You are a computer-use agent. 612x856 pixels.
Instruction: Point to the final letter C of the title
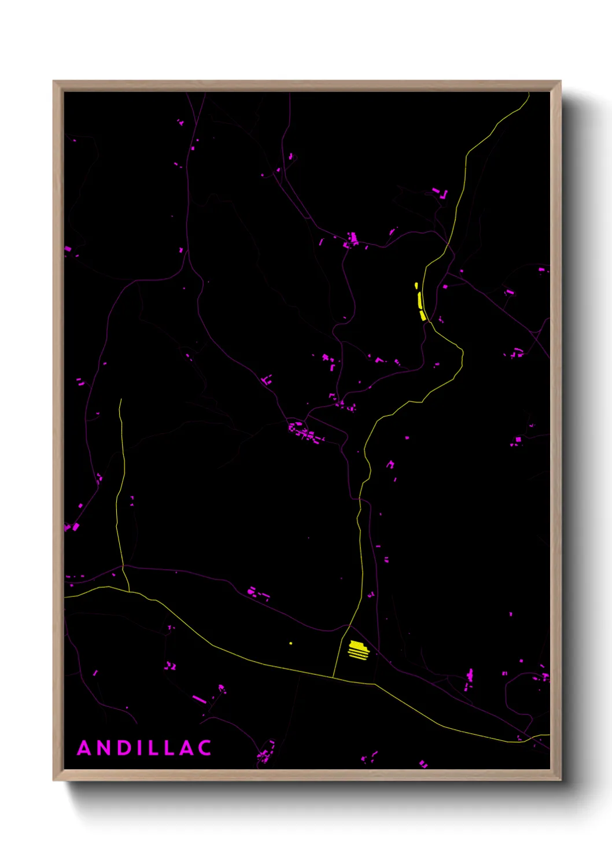point(204,748)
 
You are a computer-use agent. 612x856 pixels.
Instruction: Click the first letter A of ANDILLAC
point(84,748)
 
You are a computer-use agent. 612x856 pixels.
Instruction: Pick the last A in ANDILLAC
point(185,748)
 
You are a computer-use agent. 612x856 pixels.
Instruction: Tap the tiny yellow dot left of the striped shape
point(290,643)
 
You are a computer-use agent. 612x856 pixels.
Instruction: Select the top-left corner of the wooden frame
point(54,82)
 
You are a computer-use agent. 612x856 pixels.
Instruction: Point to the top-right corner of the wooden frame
point(560,82)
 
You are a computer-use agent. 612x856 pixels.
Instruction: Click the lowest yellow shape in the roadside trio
point(423,315)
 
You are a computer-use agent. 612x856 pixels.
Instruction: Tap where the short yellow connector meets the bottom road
point(333,678)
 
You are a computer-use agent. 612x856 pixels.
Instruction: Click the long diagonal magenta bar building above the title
point(199,700)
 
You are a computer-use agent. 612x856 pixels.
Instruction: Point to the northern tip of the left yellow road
point(120,399)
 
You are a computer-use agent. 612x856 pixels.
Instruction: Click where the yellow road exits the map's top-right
point(528,94)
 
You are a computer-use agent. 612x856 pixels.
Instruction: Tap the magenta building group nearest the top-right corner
point(440,193)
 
